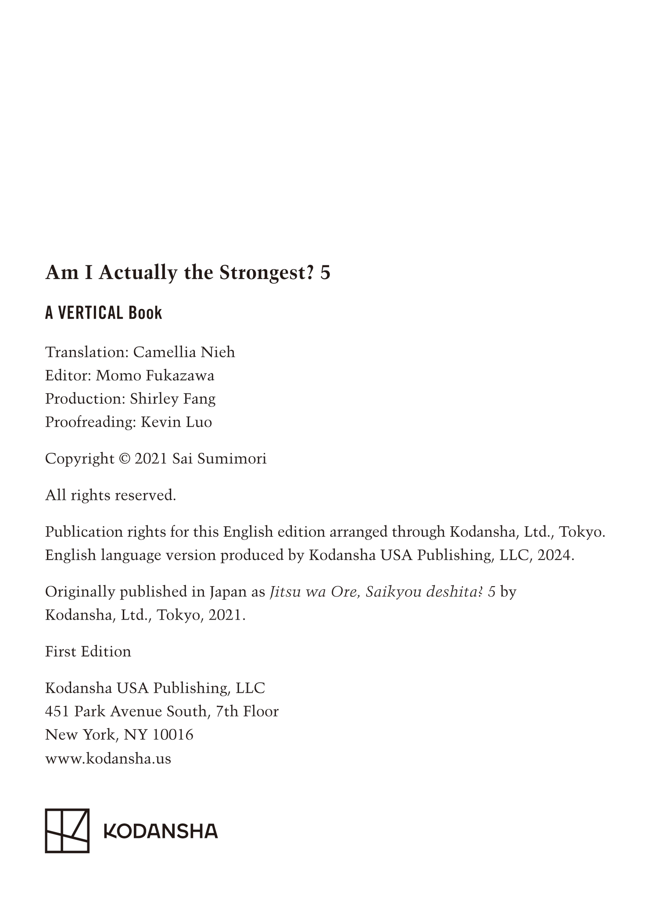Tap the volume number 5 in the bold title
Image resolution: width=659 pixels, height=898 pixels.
[x=325, y=273]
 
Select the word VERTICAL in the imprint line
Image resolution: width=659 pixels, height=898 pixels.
[x=91, y=313]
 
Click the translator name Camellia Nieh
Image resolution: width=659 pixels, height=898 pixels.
[x=184, y=352]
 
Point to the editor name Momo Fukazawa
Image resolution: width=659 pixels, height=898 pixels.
[x=155, y=375]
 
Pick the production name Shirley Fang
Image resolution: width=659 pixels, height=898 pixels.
[x=172, y=399]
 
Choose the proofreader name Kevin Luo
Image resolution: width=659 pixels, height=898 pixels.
[x=176, y=422]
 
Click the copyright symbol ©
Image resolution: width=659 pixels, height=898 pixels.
[x=124, y=459]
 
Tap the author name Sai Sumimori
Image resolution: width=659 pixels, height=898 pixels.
[x=219, y=459]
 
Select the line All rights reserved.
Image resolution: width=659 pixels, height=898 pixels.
[x=111, y=495]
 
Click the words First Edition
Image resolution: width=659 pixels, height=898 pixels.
[x=88, y=651]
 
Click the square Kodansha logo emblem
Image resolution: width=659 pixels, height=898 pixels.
[x=67, y=830]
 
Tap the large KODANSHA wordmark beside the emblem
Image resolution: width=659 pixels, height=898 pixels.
[x=161, y=830]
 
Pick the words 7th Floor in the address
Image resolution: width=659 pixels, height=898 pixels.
[x=247, y=711]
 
